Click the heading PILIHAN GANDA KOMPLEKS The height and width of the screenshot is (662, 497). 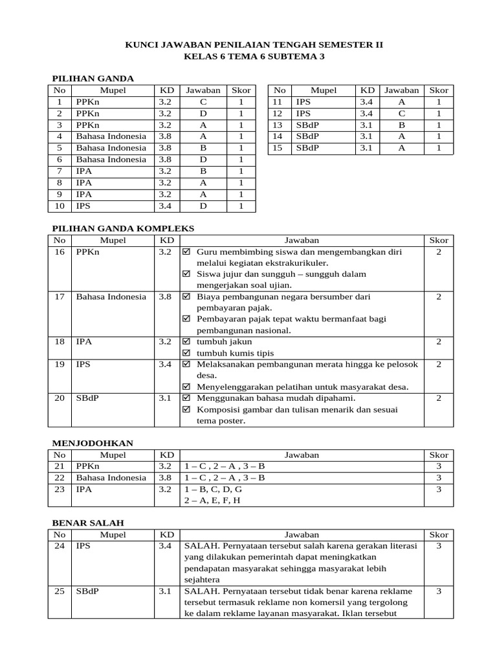pyautogui.click(x=122, y=228)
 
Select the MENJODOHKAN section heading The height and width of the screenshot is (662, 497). pyautogui.click(x=92, y=443)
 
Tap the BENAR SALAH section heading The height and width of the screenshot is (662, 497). pyautogui.click(x=87, y=522)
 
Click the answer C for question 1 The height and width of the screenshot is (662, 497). pyautogui.click(x=203, y=102)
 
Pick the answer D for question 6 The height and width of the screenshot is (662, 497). pyautogui.click(x=203, y=160)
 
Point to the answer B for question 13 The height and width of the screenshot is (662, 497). pyautogui.click(x=401, y=125)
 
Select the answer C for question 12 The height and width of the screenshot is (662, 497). pyautogui.click(x=401, y=114)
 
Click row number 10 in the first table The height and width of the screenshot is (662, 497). pyautogui.click(x=60, y=206)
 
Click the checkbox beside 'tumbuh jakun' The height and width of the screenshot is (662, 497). pyautogui.click(x=187, y=341)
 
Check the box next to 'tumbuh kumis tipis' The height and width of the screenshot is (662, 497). pyautogui.click(x=187, y=353)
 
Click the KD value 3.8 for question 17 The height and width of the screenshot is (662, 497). pyautogui.click(x=164, y=297)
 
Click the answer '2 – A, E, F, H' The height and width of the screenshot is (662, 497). pyautogui.click(x=212, y=501)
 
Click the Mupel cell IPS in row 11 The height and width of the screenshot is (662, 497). pyautogui.click(x=303, y=102)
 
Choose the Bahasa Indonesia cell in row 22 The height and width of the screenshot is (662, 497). pyautogui.click(x=111, y=478)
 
